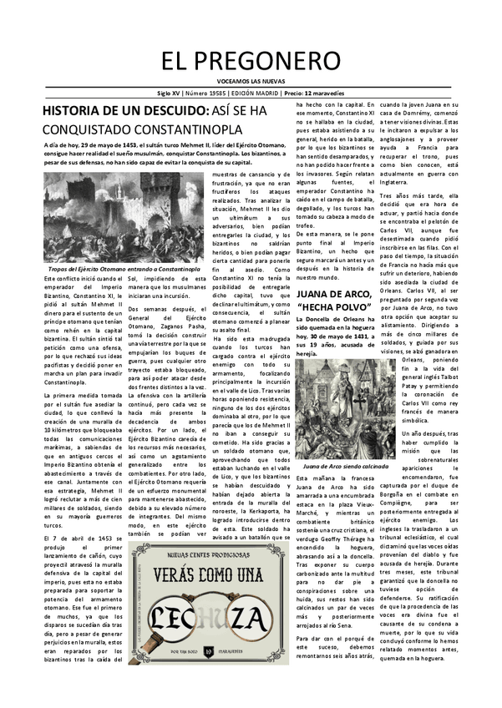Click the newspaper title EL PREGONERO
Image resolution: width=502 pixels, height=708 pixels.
coord(251,58)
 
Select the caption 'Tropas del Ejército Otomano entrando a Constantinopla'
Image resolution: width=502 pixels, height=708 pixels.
coord(119,271)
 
